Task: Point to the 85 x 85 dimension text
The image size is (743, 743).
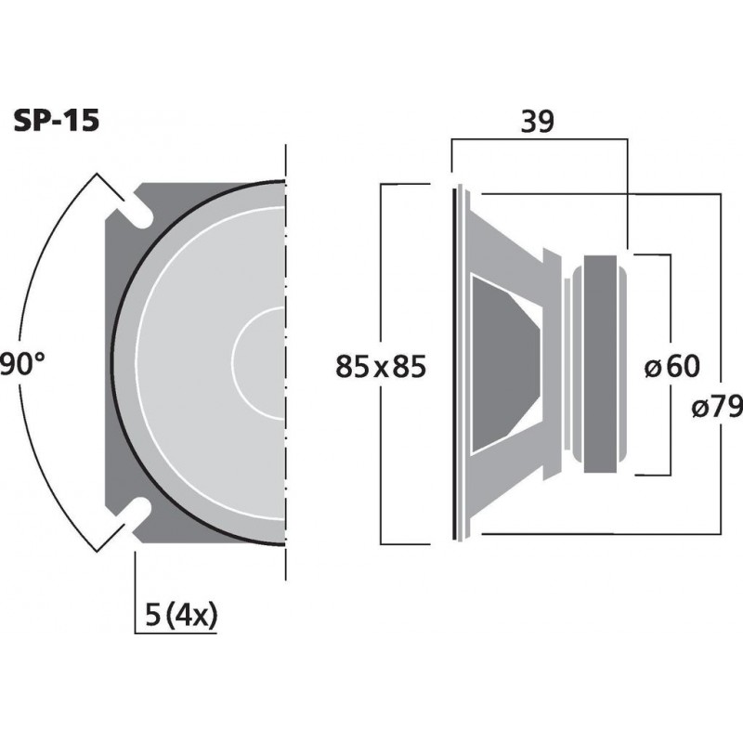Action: pyautogui.click(x=380, y=368)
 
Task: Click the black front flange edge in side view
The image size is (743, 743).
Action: pyautogui.click(x=456, y=362)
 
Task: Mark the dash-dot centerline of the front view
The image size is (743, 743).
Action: pyautogui.click(x=287, y=371)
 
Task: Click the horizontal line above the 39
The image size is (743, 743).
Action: pyautogui.click(x=539, y=140)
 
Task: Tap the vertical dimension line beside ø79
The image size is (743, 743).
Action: pyautogui.click(x=722, y=279)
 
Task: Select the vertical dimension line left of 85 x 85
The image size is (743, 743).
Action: pyautogui.click(x=382, y=279)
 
